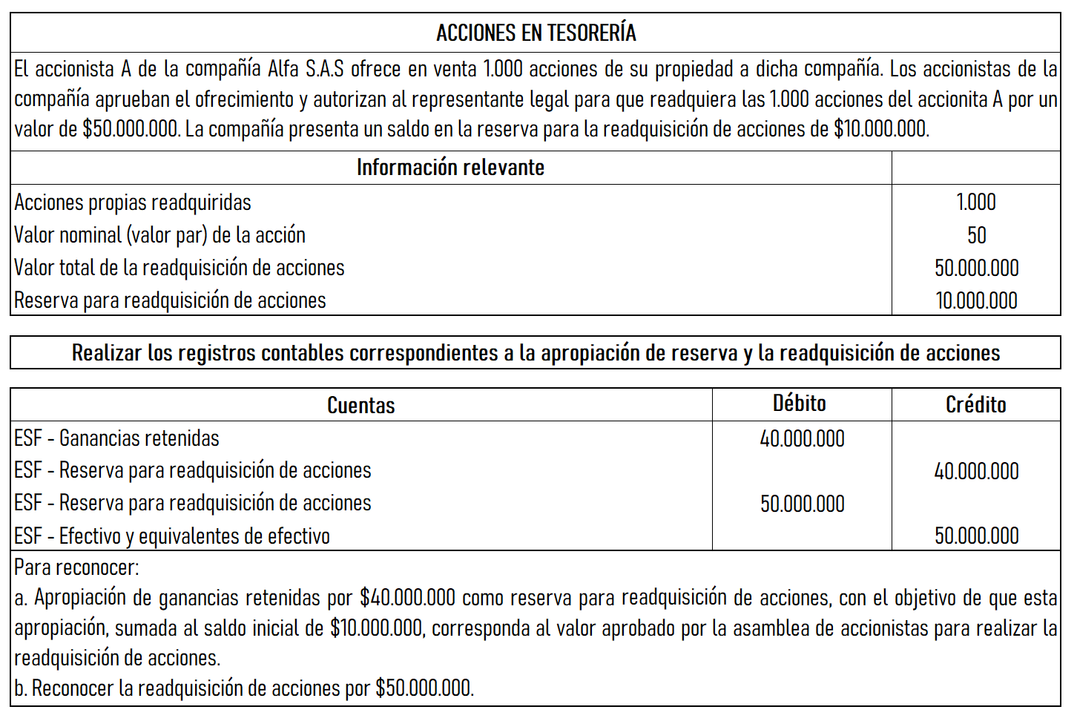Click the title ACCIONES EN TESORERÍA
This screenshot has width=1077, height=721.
(x=536, y=33)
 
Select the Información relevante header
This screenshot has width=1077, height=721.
(x=450, y=168)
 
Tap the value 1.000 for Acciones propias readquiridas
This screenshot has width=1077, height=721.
(x=976, y=202)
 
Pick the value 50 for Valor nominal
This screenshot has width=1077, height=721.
(x=976, y=235)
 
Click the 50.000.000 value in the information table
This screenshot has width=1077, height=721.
(x=976, y=268)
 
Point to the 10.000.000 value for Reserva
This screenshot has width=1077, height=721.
(x=976, y=300)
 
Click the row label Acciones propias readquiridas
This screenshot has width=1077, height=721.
(x=133, y=202)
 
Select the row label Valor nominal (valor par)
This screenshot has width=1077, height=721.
(x=159, y=235)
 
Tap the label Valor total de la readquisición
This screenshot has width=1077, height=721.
(x=179, y=268)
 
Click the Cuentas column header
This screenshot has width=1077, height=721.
(x=360, y=405)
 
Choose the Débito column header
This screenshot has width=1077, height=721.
(x=800, y=404)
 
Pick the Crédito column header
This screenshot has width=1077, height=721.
(x=975, y=405)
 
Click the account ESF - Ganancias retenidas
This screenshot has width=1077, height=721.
(x=116, y=438)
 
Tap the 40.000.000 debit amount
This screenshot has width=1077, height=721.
(x=802, y=438)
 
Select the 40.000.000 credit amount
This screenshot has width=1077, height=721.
(x=976, y=471)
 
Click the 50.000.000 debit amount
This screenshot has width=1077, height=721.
(x=802, y=504)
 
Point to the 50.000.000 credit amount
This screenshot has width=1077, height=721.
(x=976, y=536)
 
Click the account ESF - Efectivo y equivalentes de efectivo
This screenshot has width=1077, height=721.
(x=172, y=536)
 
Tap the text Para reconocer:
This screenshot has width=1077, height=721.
(x=76, y=567)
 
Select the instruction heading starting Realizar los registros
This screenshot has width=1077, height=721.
(x=536, y=352)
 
